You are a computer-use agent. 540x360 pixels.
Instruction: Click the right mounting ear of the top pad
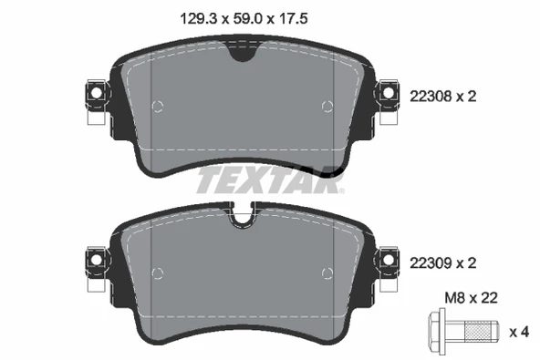point(388,94)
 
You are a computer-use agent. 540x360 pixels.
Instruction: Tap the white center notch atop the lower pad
point(242,220)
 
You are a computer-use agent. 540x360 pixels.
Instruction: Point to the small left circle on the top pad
point(157,107)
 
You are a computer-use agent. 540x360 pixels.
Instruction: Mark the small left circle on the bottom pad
point(157,272)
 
